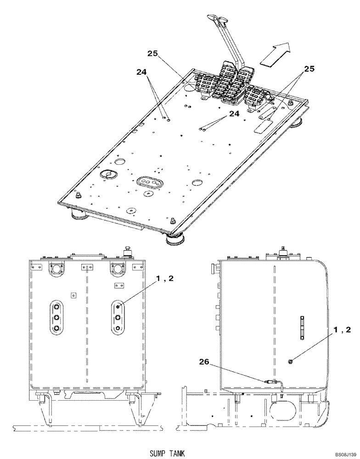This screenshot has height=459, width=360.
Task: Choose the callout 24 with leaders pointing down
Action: coord(142,72)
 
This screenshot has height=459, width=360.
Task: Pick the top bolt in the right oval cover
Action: coord(118,307)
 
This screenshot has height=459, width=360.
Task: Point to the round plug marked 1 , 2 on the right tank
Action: coord(290,362)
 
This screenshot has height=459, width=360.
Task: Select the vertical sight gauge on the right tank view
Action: coord(302,328)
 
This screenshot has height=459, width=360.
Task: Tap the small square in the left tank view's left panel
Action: coord(73,296)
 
